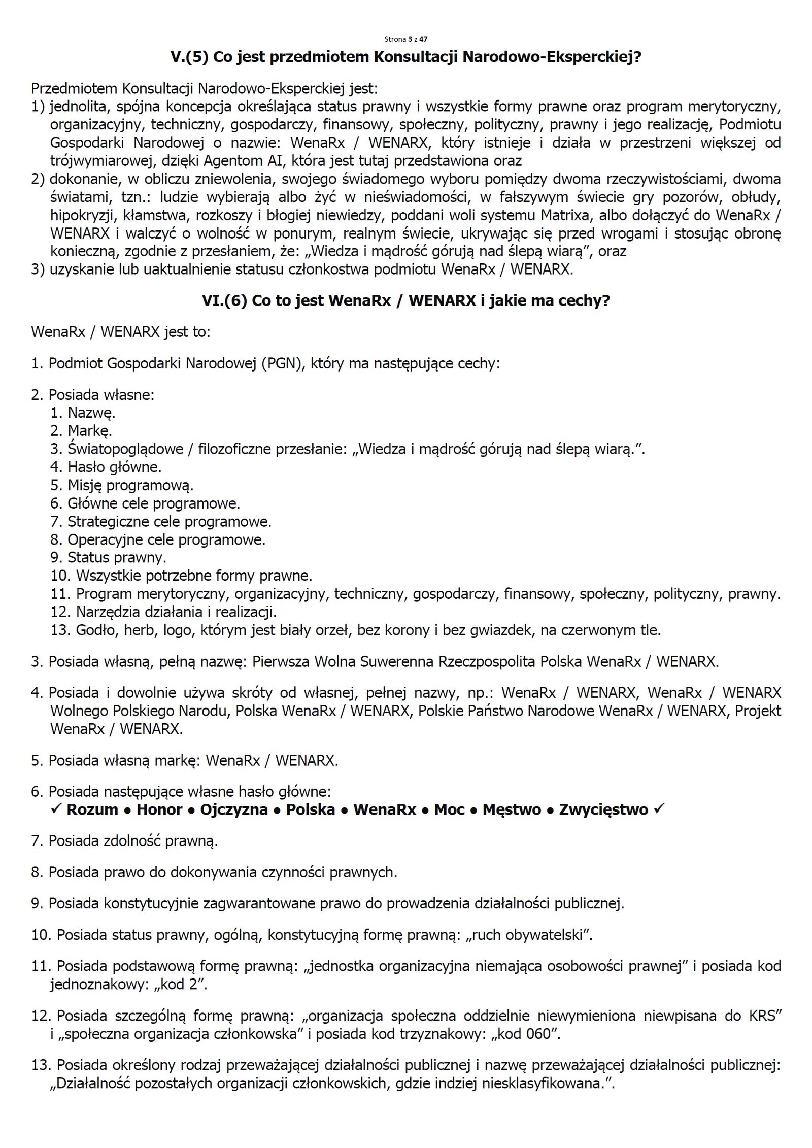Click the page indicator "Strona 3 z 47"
tap(405, 39)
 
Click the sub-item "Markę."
tap(90, 431)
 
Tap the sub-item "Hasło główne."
tap(114, 467)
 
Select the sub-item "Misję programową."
tap(130, 485)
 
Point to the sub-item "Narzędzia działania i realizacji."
tap(176, 612)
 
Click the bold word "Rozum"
tap(92, 809)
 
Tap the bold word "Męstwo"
tap(512, 809)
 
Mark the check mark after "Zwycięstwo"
tap(659, 809)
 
